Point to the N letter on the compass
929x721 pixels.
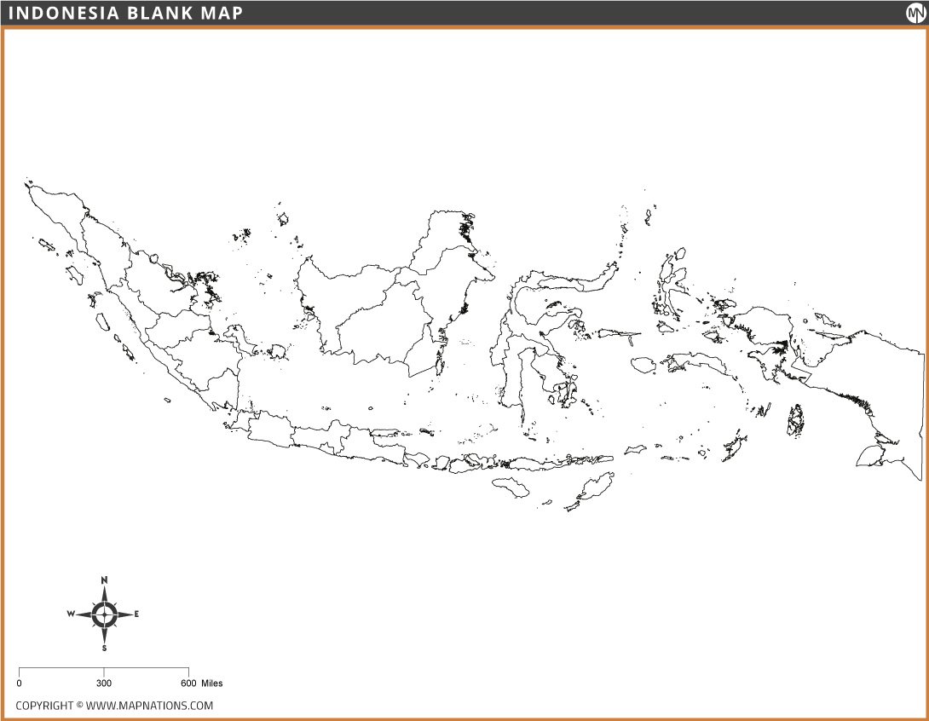[x=104, y=580]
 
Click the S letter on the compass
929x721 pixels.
[x=104, y=648]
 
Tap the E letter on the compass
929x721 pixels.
[x=136, y=614]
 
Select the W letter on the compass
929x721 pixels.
[x=71, y=614]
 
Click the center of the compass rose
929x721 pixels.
[x=104, y=614]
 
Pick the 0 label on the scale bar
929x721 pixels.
[x=19, y=684]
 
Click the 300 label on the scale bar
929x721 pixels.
[x=103, y=684]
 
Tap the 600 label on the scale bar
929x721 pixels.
[x=188, y=684]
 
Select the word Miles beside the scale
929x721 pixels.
[x=212, y=684]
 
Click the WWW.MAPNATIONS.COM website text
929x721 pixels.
[x=149, y=706]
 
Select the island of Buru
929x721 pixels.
[x=643, y=366]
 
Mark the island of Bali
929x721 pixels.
[x=441, y=462]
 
